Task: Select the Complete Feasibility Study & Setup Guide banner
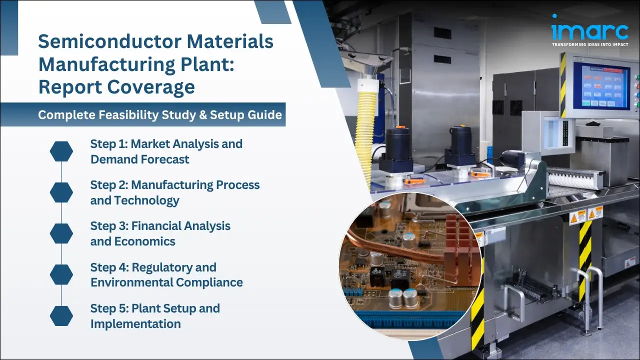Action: coord(159,115)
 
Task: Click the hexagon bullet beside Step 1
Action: coord(61,151)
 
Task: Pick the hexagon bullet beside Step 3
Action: coord(61,233)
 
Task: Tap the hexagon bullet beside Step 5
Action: coord(61,315)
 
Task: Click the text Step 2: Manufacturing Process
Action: coord(174,185)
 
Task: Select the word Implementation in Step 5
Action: coord(135,324)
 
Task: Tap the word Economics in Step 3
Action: coord(145,241)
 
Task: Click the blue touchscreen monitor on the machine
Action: coord(600,85)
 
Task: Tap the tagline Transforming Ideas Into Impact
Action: coord(589,45)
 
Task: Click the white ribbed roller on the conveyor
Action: coord(575,177)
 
